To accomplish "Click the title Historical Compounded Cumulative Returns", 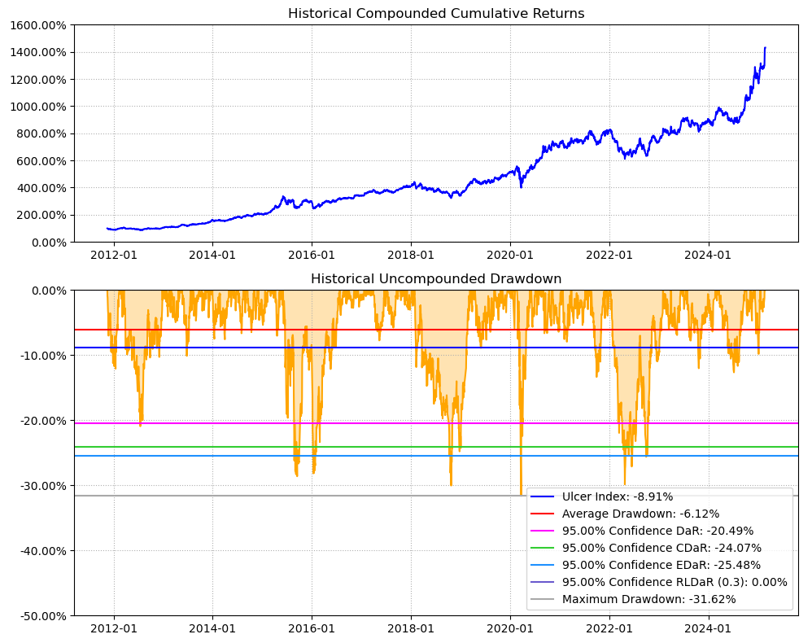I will click(x=436, y=13).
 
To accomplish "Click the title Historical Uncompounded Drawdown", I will click(x=436, y=278).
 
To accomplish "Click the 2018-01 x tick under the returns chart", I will click(x=411, y=254).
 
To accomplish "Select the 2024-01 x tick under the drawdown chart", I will click(x=709, y=628).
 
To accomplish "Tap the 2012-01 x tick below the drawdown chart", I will click(x=114, y=628).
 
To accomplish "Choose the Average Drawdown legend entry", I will click(x=640, y=514).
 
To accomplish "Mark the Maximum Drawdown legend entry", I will click(x=648, y=599).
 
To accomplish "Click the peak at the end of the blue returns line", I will click(x=765, y=48).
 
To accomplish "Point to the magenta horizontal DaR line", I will click(x=325, y=423).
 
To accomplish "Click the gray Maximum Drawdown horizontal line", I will click(x=325, y=496).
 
